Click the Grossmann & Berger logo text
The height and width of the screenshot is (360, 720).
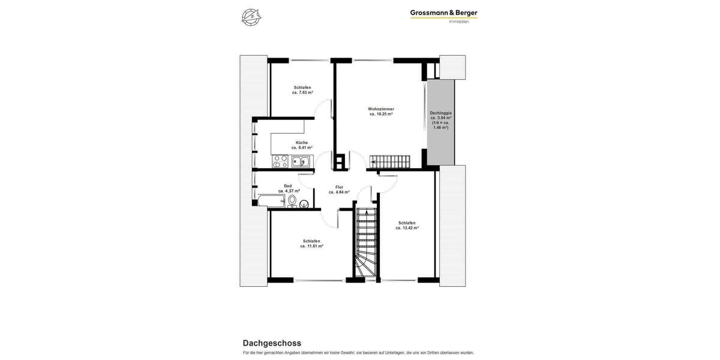[443, 13]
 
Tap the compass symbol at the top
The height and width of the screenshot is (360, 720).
[251, 17]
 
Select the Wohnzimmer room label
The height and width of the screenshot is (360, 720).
[381, 109]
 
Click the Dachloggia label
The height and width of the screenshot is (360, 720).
[440, 113]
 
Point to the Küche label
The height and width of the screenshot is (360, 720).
[302, 142]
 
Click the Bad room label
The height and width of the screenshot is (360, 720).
[288, 186]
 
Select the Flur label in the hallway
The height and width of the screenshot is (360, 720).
[339, 187]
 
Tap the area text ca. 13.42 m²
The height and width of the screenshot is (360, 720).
[407, 228]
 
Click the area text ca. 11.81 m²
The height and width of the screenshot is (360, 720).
[311, 246]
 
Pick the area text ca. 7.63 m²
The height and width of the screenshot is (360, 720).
[302, 92]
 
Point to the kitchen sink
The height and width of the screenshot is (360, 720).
[301, 161]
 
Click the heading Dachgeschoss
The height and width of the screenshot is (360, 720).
[272, 343]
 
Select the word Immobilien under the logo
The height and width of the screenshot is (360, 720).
[459, 22]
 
